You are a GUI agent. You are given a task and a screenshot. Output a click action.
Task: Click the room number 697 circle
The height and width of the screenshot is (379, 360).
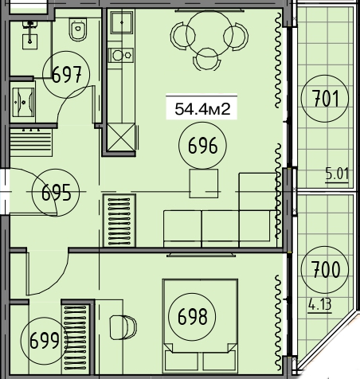click(66, 52)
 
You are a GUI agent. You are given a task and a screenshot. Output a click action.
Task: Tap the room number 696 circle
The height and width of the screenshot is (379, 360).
click(203, 123)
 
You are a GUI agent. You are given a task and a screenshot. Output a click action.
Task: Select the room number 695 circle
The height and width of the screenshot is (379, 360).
click(56, 170)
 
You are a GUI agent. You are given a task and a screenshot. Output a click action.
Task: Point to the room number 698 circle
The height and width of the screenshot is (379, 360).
click(192, 294)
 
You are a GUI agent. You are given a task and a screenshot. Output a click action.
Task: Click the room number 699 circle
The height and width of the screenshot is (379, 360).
click(45, 318)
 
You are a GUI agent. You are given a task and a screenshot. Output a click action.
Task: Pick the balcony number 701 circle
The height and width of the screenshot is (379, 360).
click(325, 76)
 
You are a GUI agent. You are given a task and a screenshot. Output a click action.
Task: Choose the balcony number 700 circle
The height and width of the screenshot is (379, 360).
click(325, 247)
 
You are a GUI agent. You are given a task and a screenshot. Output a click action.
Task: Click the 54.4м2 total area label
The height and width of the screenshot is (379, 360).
click(202, 109)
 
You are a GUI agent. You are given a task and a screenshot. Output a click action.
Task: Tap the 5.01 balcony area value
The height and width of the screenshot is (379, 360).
click(337, 174)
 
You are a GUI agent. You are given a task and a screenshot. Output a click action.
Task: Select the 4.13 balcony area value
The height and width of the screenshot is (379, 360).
click(320, 304)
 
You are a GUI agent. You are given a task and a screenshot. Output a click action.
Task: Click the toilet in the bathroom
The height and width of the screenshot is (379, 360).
click(78, 29)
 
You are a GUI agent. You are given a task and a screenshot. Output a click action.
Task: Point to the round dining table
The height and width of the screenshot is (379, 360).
click(208, 33)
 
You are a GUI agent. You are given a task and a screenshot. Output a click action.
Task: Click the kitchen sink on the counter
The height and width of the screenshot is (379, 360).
click(122, 22)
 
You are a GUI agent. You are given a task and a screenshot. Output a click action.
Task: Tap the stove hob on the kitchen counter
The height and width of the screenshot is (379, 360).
click(121, 55)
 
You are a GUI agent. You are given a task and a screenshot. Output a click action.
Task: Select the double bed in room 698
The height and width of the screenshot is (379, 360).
click(201, 326)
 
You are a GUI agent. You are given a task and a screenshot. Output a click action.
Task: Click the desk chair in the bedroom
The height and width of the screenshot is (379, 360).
click(123, 327)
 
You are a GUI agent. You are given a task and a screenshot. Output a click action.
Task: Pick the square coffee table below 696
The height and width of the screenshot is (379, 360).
click(204, 183)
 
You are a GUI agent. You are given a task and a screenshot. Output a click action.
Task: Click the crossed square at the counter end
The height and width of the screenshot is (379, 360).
click(122, 138)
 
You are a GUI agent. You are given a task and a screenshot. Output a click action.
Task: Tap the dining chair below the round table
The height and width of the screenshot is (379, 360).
click(207, 60)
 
